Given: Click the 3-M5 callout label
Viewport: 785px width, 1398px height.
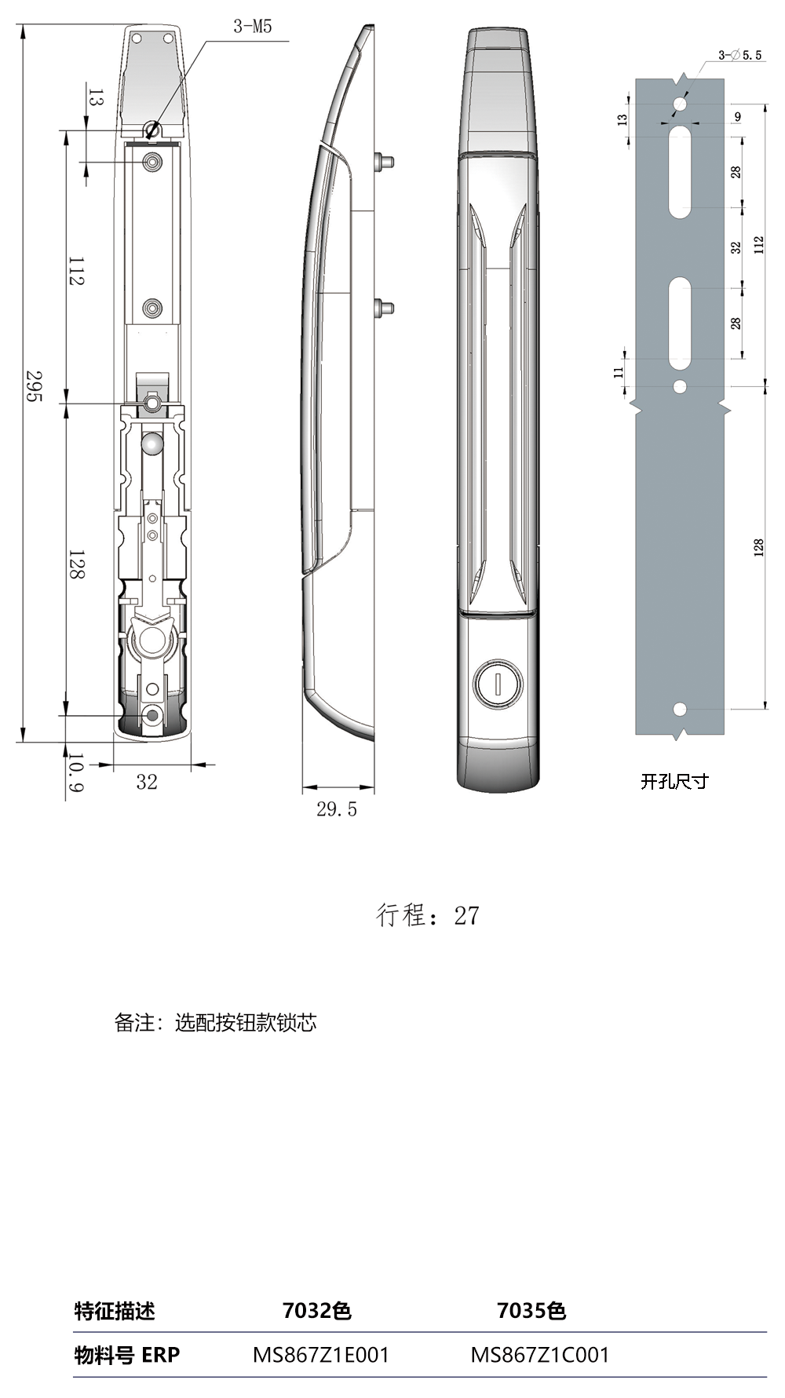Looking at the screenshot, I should click(252, 27).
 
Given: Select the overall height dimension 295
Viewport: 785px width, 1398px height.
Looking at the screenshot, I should click(33, 386).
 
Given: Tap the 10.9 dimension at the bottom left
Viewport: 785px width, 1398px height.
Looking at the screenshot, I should click(75, 772).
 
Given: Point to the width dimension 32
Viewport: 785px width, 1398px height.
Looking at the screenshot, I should click(147, 782).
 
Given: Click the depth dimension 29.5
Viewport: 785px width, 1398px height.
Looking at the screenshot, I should click(337, 809).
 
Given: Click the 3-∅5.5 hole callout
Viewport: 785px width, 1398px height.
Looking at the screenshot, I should click(739, 55).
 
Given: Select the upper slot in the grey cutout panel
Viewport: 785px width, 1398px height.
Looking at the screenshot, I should click(680, 173).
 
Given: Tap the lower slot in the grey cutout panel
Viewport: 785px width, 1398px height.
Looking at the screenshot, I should click(680, 323).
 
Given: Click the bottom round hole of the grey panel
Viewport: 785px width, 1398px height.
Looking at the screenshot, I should click(680, 710).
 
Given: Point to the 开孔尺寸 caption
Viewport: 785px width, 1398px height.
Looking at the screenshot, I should click(674, 781).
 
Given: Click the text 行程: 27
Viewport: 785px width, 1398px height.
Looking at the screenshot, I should click(428, 915).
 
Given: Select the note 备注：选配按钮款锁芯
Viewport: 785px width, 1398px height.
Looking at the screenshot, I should click(216, 1022).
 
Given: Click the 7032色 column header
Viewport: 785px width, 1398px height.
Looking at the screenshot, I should click(316, 1310).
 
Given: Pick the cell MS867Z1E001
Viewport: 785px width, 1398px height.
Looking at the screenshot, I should click(321, 1354).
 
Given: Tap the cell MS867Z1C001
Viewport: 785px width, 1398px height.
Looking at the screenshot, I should click(539, 1354).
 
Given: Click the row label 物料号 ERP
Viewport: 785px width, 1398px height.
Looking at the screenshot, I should click(127, 1355).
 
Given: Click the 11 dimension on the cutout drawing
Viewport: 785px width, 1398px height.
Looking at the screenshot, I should click(619, 371).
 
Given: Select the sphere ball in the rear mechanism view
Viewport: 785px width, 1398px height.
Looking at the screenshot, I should click(152, 444).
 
